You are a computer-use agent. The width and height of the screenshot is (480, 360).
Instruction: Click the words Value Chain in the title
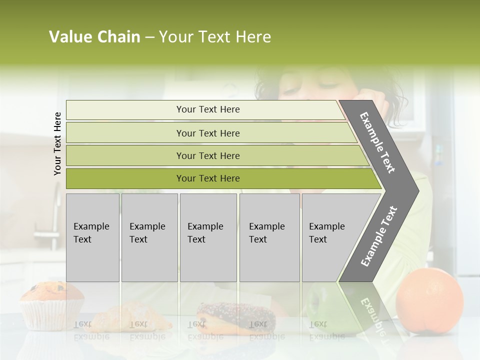coord(94,37)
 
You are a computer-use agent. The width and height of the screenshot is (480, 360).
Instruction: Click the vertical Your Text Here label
coord(57,143)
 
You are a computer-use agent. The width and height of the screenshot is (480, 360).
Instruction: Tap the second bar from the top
coord(208,133)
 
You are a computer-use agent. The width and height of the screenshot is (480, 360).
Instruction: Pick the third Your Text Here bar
coord(208,155)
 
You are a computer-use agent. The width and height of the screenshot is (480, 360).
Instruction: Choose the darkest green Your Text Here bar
coord(208,178)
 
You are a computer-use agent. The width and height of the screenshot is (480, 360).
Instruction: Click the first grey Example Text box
coord(92,237)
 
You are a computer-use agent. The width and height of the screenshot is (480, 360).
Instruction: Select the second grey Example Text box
coord(149,237)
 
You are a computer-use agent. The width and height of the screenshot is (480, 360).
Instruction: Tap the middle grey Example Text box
coord(208,237)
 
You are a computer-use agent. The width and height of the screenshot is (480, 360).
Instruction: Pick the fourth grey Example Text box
coord(269,237)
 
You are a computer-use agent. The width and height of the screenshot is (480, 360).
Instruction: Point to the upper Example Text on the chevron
coord(377,142)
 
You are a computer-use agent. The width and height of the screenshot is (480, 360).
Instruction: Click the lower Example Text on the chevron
coord(378,236)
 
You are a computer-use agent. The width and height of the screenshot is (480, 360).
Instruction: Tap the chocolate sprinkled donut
coord(235,316)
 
